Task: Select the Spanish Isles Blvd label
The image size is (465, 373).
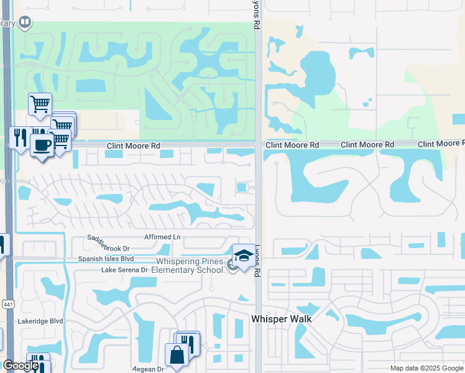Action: click(106, 259)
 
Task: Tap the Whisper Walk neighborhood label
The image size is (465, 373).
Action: click(281, 318)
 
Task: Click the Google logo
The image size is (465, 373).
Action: click(20, 366)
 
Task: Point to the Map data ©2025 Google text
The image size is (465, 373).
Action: click(426, 368)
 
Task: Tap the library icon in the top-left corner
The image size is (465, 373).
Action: click(25, 23)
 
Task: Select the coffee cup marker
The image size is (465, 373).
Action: click(42, 146)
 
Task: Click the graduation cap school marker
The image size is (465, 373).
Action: click(243, 256)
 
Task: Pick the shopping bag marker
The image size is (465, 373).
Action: click(177, 355)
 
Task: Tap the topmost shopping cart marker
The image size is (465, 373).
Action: click(40, 104)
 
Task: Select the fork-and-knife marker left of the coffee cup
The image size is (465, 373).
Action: click(21, 138)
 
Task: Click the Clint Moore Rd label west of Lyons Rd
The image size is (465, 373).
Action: click(133, 145)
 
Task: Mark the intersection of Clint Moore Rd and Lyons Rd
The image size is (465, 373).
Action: click(257, 144)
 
